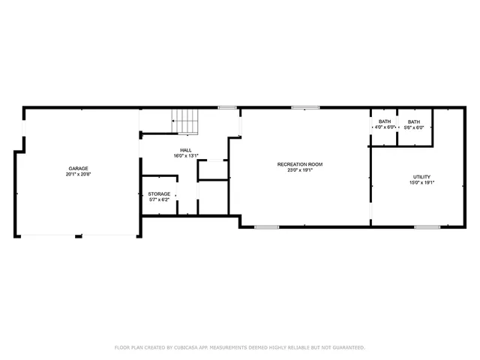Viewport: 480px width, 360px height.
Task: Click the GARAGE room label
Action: coord(79,168)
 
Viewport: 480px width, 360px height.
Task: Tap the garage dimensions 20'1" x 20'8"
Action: coord(79,174)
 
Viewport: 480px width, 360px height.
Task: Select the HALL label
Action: coord(185,150)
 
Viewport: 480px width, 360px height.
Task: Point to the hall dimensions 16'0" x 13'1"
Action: coord(185,156)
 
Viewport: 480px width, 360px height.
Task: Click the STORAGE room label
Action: coord(159,193)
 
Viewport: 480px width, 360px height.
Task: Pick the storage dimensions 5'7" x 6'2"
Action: coord(159,199)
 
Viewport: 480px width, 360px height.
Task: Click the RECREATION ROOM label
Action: coord(300,163)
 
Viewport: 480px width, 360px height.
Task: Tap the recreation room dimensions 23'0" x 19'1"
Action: coord(300,170)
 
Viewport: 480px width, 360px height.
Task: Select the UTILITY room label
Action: coord(421,177)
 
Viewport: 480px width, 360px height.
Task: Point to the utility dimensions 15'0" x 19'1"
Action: coord(421,183)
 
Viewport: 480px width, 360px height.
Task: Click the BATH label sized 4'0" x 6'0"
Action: coord(385,121)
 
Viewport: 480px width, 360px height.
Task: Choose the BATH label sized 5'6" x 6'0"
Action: coord(414,121)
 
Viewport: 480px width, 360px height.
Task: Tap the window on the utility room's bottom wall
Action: coord(427,226)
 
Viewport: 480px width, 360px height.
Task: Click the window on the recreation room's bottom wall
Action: coord(266,226)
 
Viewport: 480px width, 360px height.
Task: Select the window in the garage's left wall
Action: coord(23,129)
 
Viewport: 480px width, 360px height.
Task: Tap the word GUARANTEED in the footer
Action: coord(346,348)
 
